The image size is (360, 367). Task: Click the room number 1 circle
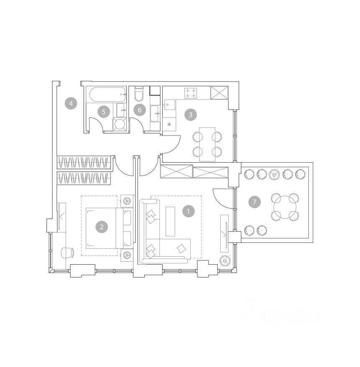click(x=189, y=212)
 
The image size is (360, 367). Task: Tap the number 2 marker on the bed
click(x=102, y=227)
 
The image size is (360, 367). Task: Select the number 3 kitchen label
click(x=191, y=115)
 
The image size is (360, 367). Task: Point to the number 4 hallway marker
click(x=71, y=103)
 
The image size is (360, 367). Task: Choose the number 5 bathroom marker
click(x=104, y=112)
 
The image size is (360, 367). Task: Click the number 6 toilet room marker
click(x=140, y=110)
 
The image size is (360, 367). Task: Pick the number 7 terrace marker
click(x=255, y=202)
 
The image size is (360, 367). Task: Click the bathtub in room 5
click(x=108, y=94)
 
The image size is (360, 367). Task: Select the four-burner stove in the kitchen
click(x=191, y=93)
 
